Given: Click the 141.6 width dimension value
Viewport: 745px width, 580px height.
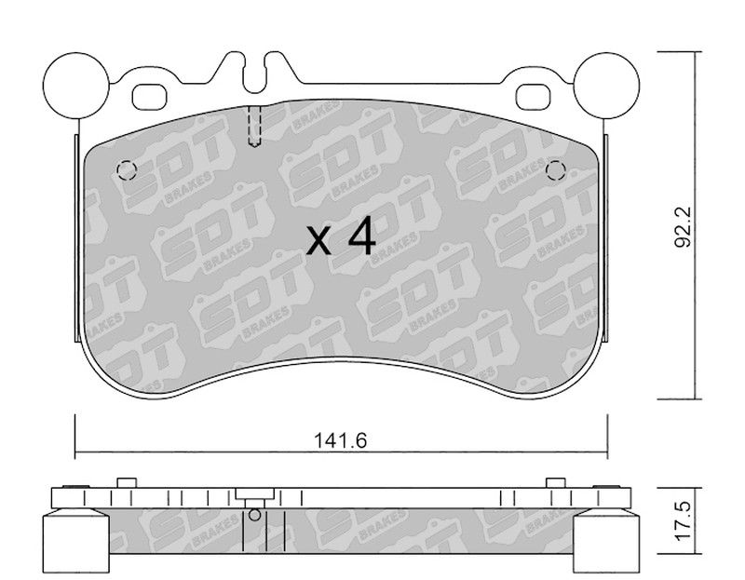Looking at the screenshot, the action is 340,441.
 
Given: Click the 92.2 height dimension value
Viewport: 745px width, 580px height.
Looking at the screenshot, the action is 684,227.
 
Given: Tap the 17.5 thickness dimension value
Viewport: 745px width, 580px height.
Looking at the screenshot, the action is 684,521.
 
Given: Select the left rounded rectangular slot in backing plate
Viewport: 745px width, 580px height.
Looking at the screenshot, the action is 150,97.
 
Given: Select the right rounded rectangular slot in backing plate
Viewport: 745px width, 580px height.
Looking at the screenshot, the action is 533,97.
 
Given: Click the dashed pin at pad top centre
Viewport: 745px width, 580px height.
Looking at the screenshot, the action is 254,126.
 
